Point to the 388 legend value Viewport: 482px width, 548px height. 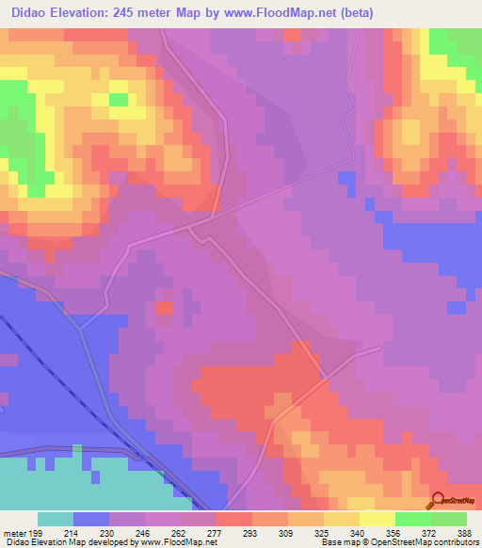click(x=463, y=532)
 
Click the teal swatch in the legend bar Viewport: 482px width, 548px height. click(x=56, y=519)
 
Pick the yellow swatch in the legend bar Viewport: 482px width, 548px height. click(x=378, y=519)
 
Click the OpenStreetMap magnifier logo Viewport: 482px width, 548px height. click(x=438, y=499)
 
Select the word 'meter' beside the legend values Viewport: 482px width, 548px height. click(x=14, y=532)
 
